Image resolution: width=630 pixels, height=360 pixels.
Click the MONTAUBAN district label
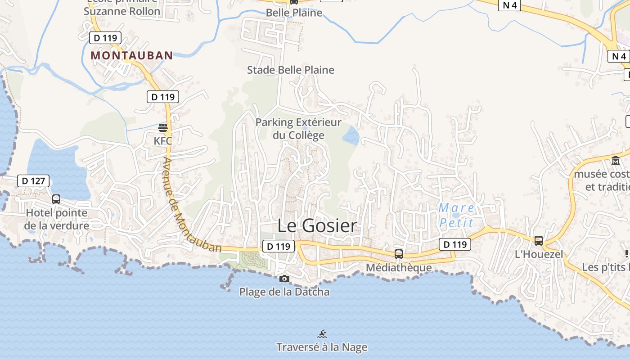132,55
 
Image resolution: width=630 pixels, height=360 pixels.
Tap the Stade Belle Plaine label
291,70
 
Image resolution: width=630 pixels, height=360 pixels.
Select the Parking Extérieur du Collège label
298,129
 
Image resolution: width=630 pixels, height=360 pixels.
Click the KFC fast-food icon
163,128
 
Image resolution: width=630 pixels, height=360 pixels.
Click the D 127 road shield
33,181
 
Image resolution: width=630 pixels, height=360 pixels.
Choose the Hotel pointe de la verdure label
57,219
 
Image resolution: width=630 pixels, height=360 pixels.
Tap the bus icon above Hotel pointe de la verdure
56,199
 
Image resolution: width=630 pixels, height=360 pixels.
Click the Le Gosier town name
317,225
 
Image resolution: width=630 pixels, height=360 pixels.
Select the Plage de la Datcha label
284,292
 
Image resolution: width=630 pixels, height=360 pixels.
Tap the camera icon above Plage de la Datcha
284,279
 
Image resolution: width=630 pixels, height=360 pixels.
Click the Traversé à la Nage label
322,347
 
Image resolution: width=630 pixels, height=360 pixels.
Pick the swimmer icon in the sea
322,334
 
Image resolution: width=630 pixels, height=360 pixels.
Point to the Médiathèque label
399,267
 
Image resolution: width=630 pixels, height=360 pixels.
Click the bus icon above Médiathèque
399,254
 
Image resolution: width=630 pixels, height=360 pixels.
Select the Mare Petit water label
456,215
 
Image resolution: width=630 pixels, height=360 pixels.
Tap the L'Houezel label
539,254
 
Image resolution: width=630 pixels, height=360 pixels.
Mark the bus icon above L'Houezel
539,241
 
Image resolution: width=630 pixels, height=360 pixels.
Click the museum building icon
615,161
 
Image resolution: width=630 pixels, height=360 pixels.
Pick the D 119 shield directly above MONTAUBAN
105,38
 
